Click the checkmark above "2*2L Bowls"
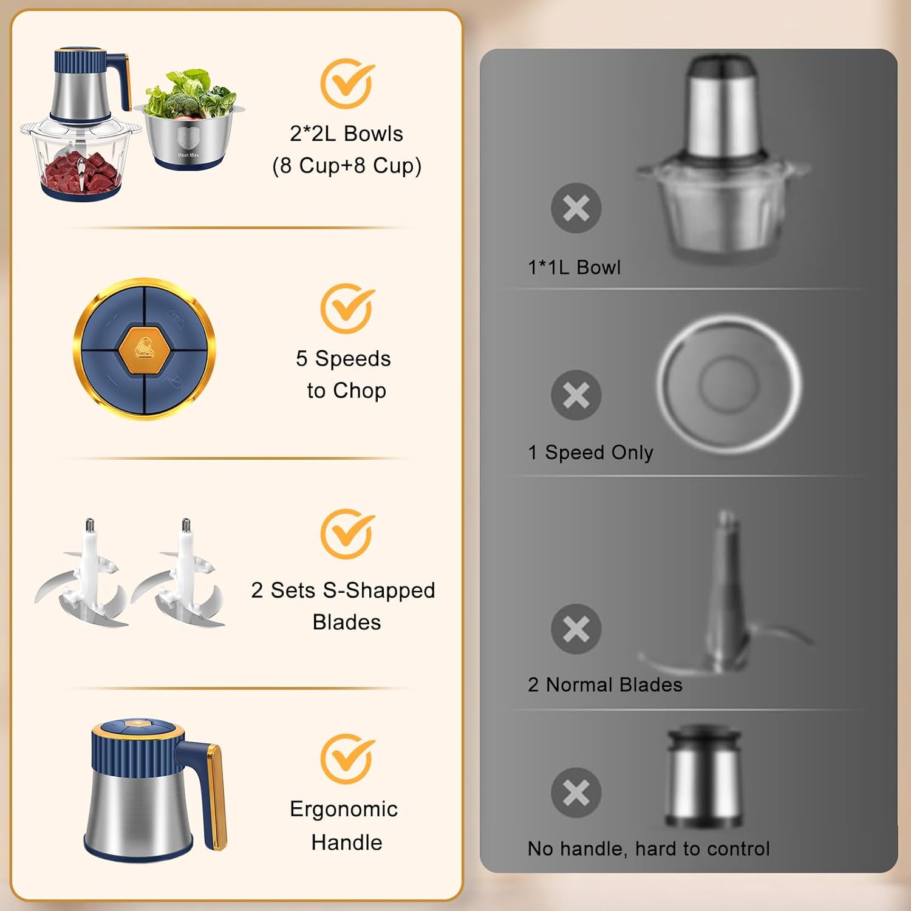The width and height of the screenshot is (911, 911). (x=347, y=83)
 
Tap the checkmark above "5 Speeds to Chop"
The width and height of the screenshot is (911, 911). (x=347, y=309)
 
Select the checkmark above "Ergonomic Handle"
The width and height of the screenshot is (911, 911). (x=347, y=759)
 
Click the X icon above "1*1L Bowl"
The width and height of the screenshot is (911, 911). (x=576, y=208)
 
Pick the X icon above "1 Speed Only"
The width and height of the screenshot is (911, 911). (x=576, y=395)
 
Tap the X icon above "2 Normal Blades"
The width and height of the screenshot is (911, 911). (x=576, y=629)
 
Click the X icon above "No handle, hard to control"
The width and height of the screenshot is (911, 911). (x=576, y=793)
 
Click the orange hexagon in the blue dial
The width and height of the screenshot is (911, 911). (x=145, y=350)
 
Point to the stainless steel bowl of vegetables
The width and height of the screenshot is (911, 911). (x=190, y=134)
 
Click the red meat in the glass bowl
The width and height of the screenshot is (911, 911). (x=80, y=172)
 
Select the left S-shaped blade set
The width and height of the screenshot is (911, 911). (x=82, y=573)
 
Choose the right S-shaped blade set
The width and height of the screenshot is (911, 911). (x=179, y=573)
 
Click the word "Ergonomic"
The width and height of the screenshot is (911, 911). (x=344, y=810)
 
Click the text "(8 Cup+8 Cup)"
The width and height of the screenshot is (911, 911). (x=347, y=165)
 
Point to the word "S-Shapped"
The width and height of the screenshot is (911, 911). (x=379, y=590)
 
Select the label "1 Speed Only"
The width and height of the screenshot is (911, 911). (x=590, y=452)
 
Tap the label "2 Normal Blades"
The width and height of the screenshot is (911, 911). (x=605, y=685)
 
